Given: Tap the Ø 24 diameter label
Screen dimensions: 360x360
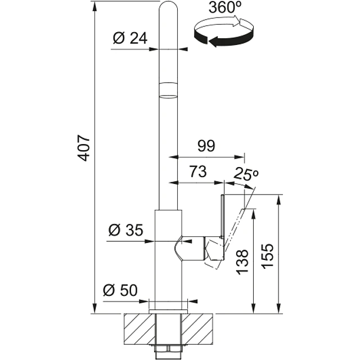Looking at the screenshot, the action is (x=130, y=38).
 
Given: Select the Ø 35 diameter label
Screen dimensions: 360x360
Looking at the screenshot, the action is (x=125, y=230).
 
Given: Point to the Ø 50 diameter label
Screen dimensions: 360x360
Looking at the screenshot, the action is (x=120, y=290).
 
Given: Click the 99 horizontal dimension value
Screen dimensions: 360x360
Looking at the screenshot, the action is (x=206, y=146).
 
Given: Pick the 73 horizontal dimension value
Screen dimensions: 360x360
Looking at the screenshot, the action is (x=198, y=171).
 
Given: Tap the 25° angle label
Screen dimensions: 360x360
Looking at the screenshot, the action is (x=246, y=174).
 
